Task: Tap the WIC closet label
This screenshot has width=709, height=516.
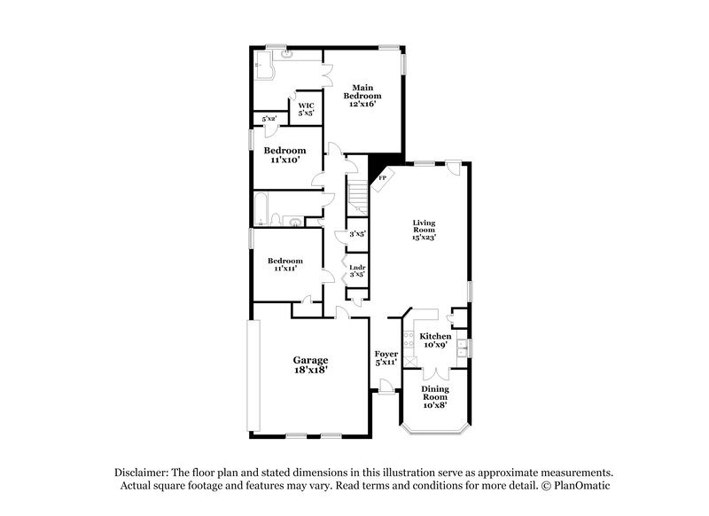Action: [x=306, y=109]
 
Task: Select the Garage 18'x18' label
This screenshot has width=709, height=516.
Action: [x=311, y=364]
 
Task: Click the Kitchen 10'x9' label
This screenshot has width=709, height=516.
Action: [x=435, y=341]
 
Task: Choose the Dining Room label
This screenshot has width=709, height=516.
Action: [x=434, y=398]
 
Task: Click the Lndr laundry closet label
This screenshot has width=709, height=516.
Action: [x=357, y=271]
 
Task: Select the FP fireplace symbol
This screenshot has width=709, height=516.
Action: [x=382, y=177]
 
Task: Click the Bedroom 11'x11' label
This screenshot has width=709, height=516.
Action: [x=284, y=264]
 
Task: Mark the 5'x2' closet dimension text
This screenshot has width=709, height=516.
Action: [x=269, y=118]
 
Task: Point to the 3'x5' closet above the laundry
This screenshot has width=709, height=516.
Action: [x=357, y=234]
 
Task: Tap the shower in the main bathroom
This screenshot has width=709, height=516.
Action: [x=262, y=62]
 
